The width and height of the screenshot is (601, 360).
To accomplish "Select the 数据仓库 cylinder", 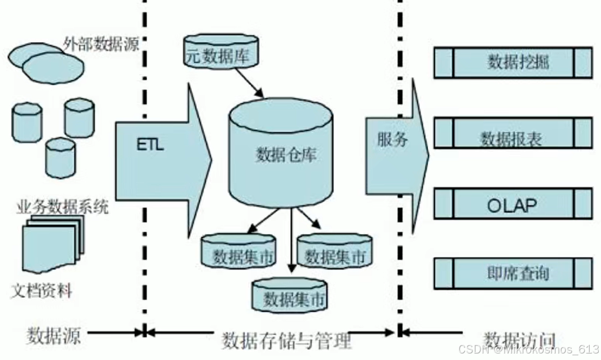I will [281, 157].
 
